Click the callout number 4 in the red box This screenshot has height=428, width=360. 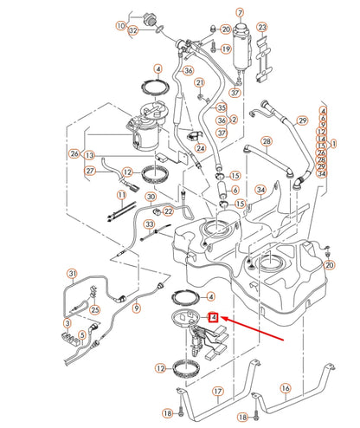214,318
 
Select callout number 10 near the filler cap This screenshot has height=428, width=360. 120,26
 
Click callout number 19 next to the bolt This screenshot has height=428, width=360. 225,49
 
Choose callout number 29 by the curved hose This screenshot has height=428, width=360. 302,120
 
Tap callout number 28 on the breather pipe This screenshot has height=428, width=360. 267,140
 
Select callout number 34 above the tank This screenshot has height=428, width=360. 260,189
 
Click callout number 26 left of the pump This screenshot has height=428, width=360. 75,154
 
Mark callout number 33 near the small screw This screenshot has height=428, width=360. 149,225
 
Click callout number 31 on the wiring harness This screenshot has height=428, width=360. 72,276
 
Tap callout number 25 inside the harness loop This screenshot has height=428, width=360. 94,308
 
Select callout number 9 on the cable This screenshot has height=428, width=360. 136,307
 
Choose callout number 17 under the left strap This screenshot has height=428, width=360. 217,392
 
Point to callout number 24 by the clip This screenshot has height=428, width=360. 200,148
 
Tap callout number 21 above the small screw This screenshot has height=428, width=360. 199,83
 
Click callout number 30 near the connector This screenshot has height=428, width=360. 151,197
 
